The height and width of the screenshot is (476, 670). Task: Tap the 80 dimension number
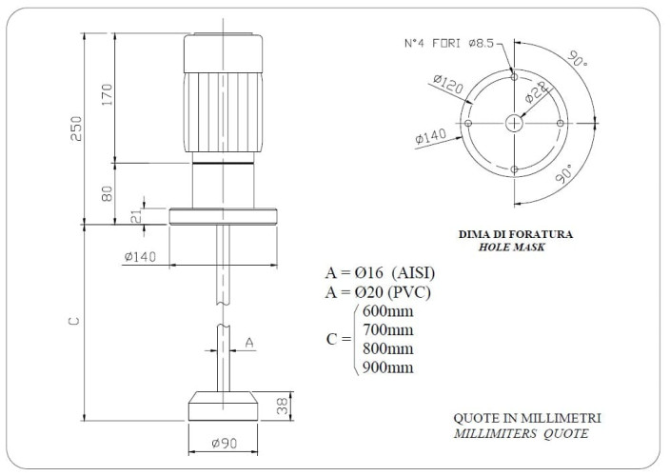tap(108, 193)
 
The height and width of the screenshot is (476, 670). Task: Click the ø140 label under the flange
tap(140, 256)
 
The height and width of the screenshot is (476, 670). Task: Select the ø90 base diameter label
tap(224, 442)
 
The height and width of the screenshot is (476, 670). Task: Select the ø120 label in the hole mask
tap(447, 87)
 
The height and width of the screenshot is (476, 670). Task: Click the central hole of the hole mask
tap(514, 123)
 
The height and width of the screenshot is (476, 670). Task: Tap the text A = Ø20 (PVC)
tap(380, 292)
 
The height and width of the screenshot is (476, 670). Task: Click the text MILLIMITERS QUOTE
tap(522, 434)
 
